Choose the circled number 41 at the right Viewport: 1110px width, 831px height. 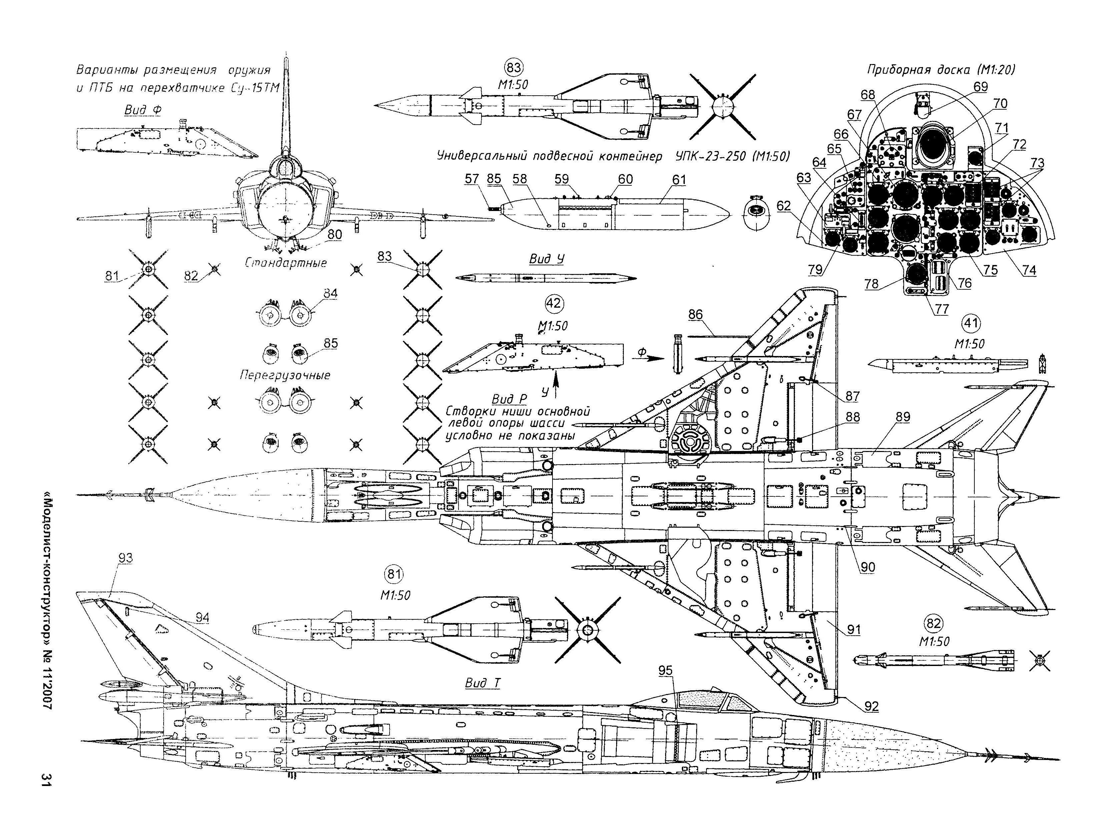tap(971, 323)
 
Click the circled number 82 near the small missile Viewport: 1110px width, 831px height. tap(933, 624)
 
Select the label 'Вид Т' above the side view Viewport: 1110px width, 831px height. tap(483, 683)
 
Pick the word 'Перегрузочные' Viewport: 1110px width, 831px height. tap(285, 375)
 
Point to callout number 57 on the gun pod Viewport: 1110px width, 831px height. tap(472, 179)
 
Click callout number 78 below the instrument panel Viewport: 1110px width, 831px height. tap(872, 284)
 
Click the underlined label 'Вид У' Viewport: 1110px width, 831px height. tap(547, 259)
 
